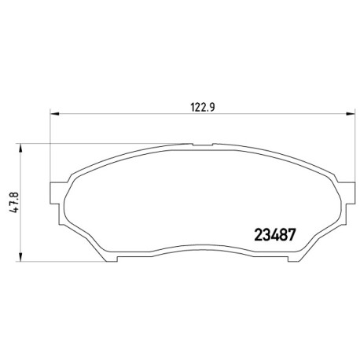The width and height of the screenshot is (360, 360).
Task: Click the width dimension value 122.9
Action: click(x=203, y=107)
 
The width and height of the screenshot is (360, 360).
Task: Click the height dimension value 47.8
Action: click(x=15, y=202)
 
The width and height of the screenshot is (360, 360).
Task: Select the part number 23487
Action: click(x=274, y=234)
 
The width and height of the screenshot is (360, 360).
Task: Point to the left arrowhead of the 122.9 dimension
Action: click(x=54, y=114)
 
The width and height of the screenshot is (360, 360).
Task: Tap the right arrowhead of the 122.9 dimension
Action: click(x=351, y=114)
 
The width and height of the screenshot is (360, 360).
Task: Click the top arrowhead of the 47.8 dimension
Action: click(x=20, y=149)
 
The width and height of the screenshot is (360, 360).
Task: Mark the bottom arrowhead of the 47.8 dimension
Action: click(x=20, y=257)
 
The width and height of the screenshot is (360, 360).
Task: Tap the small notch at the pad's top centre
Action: click(x=203, y=145)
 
